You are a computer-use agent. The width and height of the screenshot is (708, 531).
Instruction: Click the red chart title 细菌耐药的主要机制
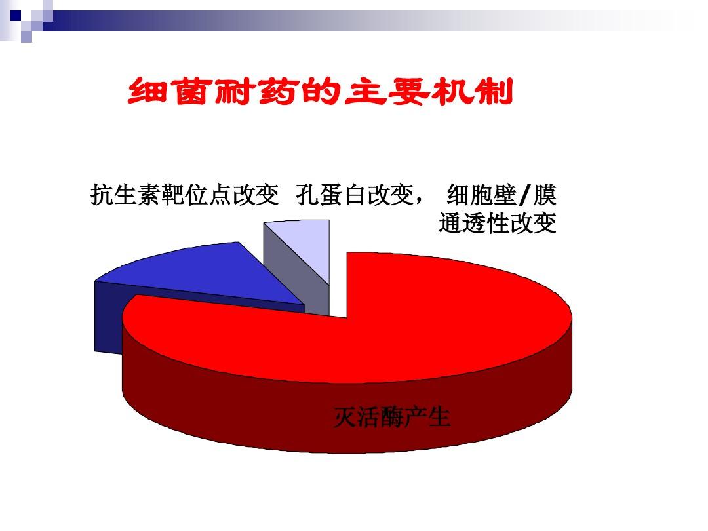point(320,92)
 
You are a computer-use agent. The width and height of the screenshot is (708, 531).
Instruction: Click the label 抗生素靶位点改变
point(185,195)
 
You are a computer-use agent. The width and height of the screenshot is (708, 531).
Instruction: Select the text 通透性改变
point(497,223)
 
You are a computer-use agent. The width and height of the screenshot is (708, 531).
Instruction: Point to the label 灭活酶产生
point(392,416)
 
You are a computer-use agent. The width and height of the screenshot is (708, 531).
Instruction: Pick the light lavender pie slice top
point(307,244)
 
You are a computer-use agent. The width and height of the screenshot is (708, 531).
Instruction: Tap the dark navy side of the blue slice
point(108,316)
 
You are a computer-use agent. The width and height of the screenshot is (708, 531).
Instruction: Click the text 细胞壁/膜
point(501,195)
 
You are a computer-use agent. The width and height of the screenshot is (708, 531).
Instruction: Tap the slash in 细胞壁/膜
point(524,195)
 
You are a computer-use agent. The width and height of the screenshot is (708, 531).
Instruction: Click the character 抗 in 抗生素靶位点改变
point(102,195)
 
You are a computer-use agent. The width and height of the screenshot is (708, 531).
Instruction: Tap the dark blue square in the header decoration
point(16,16)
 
